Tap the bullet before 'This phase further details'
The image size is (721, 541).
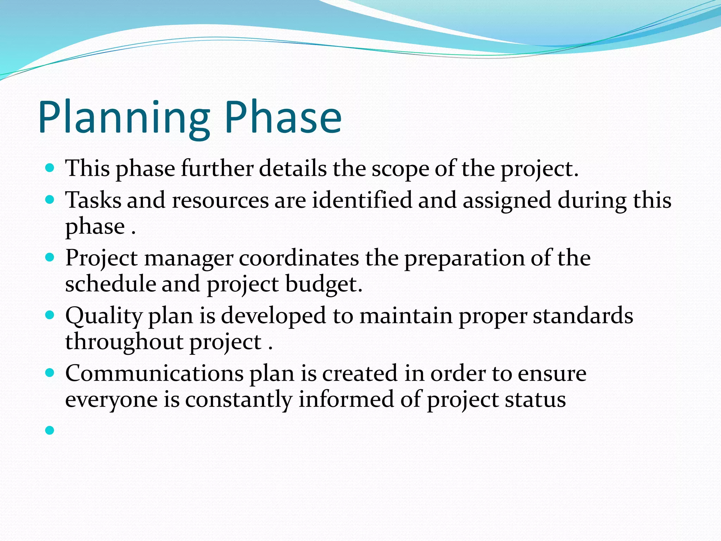pyautogui.click(x=50, y=168)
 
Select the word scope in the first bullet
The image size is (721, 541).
pyautogui.click(x=401, y=169)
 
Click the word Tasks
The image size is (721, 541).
pyautogui.click(x=93, y=200)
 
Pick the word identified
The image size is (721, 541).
pyautogui.click(x=362, y=200)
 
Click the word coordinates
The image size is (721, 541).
pyautogui.click(x=299, y=258)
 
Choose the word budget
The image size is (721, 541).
pyautogui.click(x=324, y=285)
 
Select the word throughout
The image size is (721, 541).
pyautogui.click(x=124, y=342)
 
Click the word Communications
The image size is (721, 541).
pyautogui.click(x=154, y=373)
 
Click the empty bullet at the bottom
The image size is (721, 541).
pyautogui.click(x=50, y=430)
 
